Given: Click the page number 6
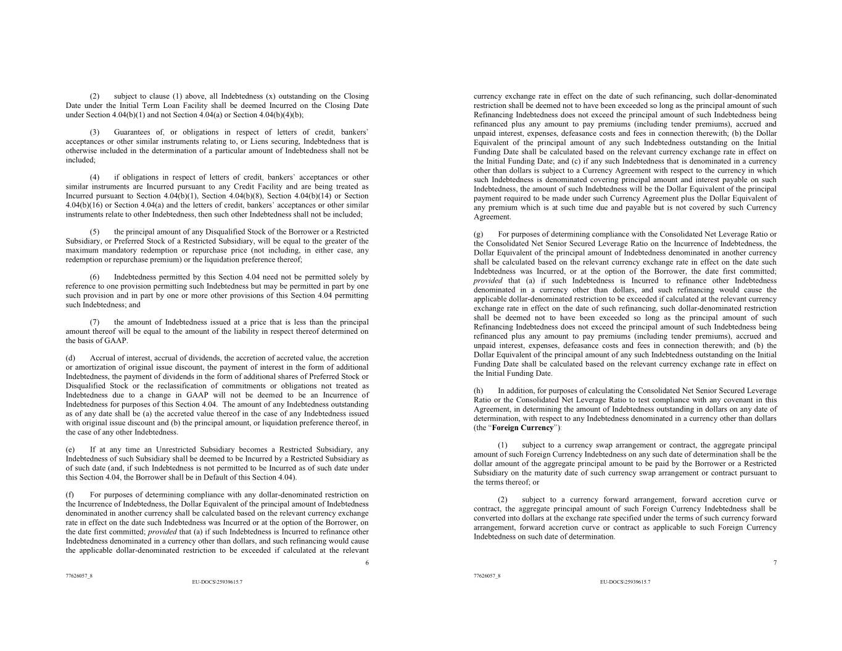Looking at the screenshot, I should (x=367, y=562).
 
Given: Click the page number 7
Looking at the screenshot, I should (x=775, y=562).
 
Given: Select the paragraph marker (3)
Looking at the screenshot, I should (x=95, y=132).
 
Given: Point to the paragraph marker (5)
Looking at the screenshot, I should (x=95, y=231).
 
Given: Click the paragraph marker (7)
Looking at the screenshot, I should (x=95, y=322).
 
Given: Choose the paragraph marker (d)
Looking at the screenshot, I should (x=70, y=358).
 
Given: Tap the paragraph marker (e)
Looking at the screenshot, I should (x=70, y=449).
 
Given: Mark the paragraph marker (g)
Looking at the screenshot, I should (x=478, y=234).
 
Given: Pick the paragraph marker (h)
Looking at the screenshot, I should (x=478, y=391).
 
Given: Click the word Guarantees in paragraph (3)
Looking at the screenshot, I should (x=132, y=132).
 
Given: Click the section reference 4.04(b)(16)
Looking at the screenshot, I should (x=84, y=205).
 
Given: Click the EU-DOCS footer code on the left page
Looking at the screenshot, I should (x=217, y=582).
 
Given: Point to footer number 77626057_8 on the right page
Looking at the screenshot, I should (x=487, y=576).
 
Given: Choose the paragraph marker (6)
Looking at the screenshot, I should (x=95, y=277).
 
